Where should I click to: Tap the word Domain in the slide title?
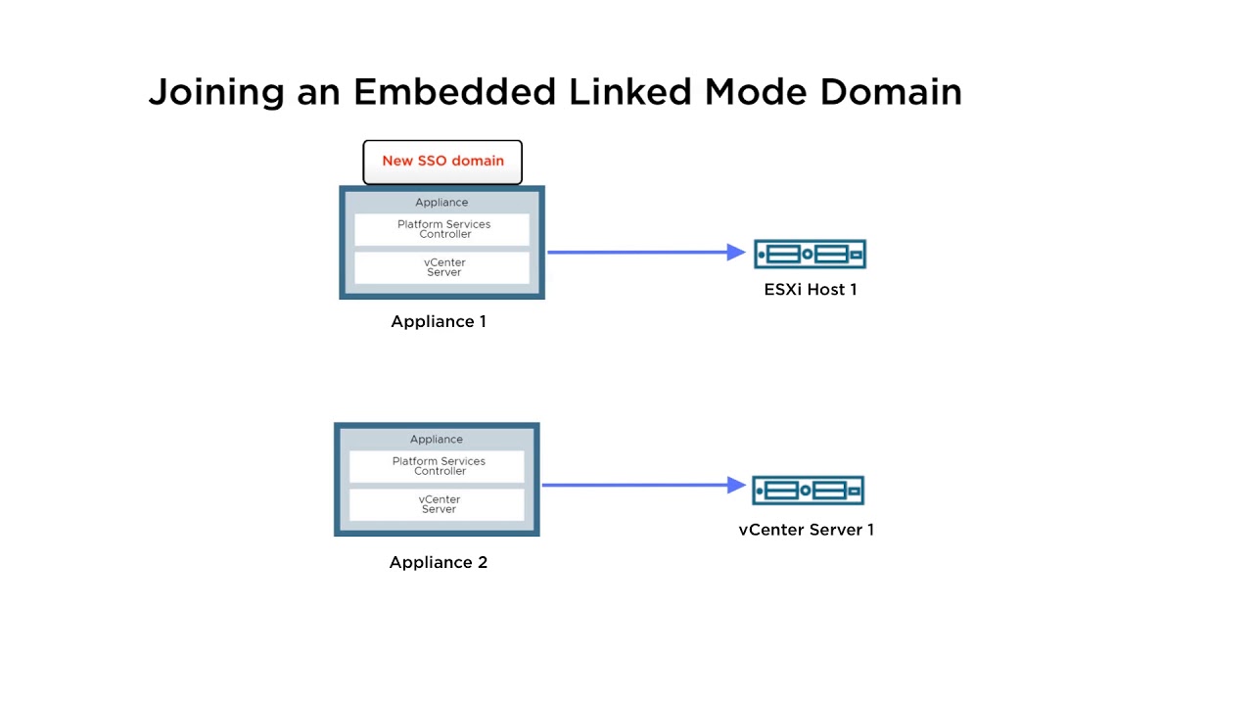tap(890, 92)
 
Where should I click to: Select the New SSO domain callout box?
tap(442, 162)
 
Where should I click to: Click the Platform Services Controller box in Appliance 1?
tap(442, 229)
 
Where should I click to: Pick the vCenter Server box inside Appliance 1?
tap(442, 267)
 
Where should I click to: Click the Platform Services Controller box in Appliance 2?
tap(438, 466)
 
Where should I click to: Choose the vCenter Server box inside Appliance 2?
tap(438, 504)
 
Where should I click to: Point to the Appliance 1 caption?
tap(439, 322)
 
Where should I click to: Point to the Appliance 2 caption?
tap(439, 562)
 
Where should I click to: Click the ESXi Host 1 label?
tap(811, 290)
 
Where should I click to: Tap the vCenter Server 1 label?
tap(807, 530)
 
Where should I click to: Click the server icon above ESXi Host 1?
tap(811, 255)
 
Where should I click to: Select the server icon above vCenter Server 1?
tap(808, 490)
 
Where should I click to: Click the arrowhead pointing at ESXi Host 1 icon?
tap(737, 252)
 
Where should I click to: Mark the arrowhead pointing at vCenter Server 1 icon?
tap(737, 485)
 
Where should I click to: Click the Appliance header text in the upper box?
tap(441, 203)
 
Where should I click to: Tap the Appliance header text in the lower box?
tap(437, 440)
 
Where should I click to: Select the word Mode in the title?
tap(758, 92)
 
